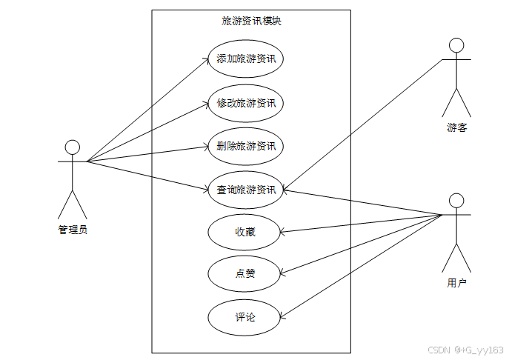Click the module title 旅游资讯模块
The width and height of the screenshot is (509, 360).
point(251,21)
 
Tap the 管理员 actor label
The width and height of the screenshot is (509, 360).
point(73,230)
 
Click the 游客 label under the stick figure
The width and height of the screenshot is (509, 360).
point(457,127)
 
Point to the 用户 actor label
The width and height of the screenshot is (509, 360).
point(457,283)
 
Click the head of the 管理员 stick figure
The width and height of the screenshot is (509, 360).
point(73,147)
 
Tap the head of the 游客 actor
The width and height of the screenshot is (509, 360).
point(457,45)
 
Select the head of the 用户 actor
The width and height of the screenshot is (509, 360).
point(457,201)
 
